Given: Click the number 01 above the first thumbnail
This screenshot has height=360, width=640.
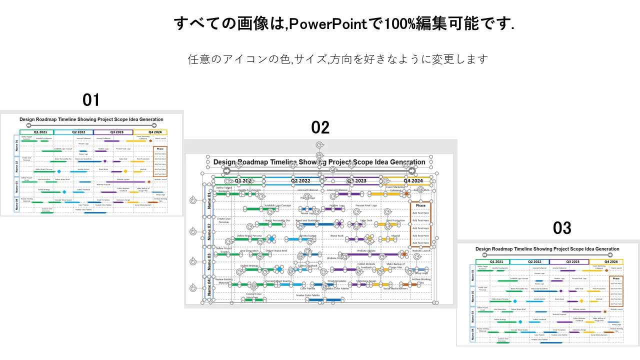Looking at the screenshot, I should click(x=91, y=100).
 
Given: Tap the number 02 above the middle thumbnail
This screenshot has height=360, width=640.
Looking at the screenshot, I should click(x=320, y=128).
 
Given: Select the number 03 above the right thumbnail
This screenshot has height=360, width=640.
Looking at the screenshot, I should click(x=562, y=228).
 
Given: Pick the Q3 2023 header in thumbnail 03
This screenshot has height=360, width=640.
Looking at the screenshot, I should click(x=569, y=261).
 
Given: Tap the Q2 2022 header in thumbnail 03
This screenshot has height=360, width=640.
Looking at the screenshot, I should click(x=529, y=261).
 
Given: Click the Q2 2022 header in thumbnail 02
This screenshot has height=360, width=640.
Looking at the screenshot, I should click(x=300, y=181).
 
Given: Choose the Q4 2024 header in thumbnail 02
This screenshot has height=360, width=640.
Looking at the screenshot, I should click(x=413, y=181).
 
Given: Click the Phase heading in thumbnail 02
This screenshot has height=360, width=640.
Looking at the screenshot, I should click(x=420, y=205).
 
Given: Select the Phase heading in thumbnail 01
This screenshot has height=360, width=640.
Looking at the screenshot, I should click(x=160, y=149).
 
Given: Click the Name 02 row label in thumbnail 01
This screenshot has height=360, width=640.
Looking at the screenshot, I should click(x=16, y=165).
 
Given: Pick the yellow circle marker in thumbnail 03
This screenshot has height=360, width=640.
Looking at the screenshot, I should click(x=581, y=301).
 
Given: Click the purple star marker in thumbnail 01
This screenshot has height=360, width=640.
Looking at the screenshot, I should click(x=105, y=161).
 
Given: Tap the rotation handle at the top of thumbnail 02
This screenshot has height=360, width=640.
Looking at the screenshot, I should click(x=319, y=145).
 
